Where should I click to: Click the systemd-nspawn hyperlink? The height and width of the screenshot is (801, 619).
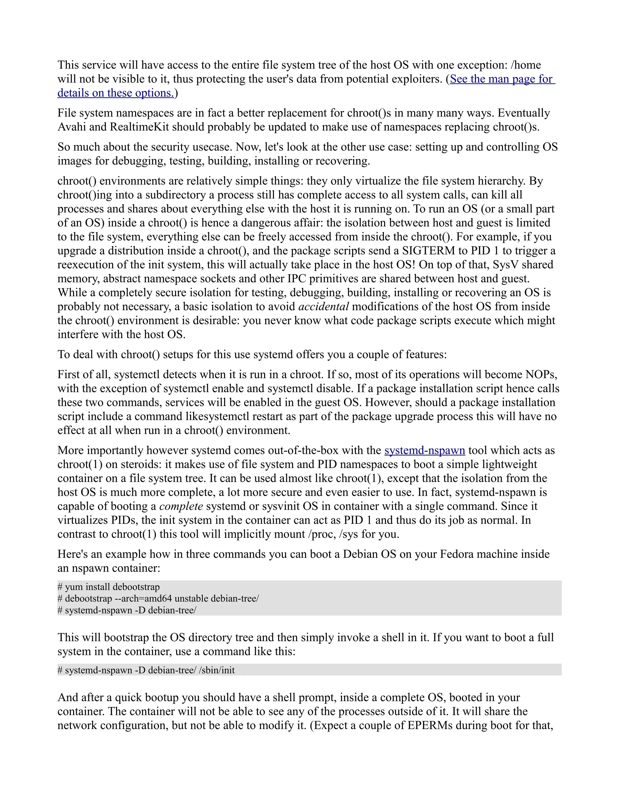click(424, 450)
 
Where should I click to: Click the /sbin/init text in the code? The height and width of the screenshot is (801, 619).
click(217, 670)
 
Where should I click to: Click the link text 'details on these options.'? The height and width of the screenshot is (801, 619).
click(115, 93)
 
